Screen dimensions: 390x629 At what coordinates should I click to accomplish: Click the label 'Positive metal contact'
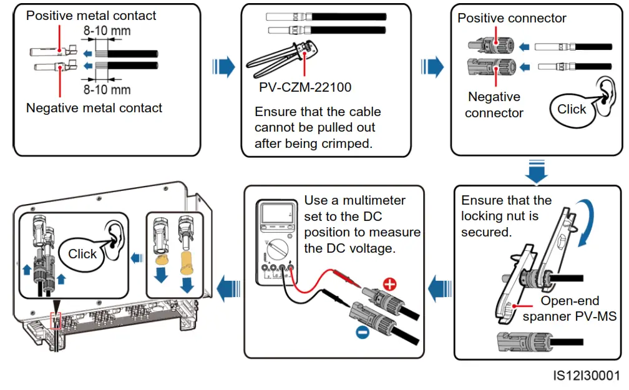91,16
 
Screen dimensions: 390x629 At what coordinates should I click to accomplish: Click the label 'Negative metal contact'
94,108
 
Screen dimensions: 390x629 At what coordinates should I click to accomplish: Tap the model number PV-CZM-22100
305,87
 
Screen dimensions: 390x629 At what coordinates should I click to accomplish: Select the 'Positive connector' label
512,18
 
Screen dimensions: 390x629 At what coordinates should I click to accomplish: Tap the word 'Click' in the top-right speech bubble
571,109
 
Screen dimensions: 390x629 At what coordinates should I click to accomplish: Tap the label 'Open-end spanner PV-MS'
569,309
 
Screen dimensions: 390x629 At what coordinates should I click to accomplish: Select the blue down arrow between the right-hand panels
536,171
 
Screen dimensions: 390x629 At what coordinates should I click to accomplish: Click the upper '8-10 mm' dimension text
107,29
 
